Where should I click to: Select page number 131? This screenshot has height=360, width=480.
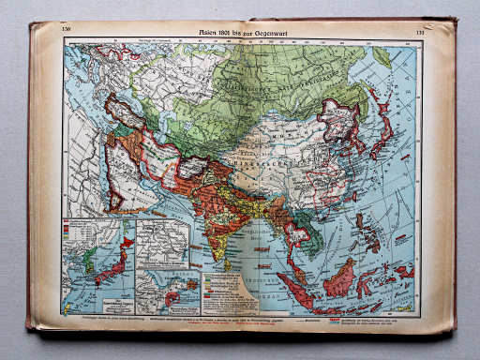419,33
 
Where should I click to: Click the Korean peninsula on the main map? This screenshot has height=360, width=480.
349,143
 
